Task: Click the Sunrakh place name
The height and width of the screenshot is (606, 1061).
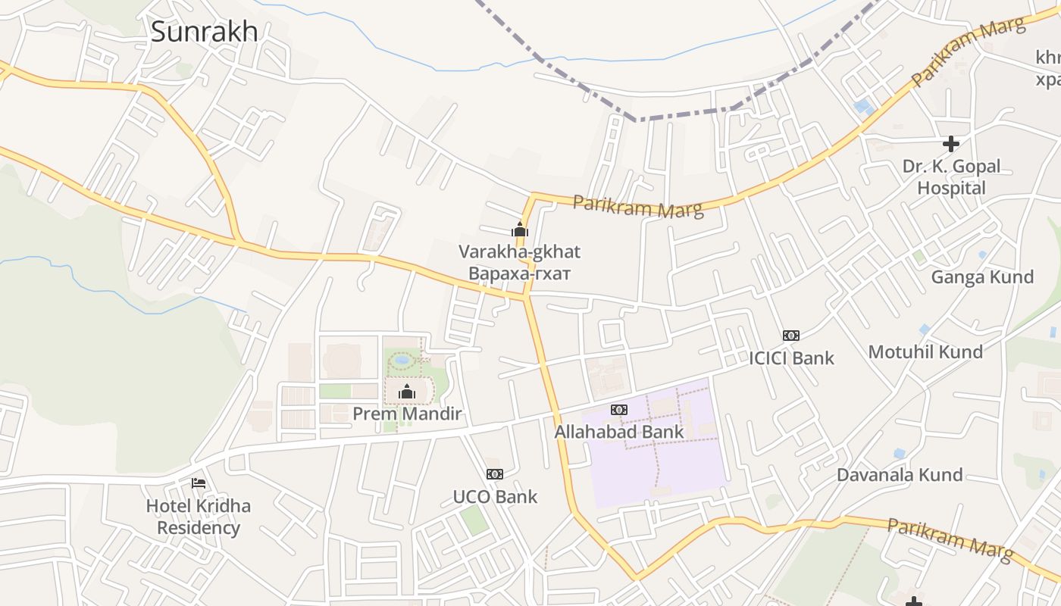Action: coord(204,32)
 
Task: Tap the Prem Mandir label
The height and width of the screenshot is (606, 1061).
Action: coord(407,414)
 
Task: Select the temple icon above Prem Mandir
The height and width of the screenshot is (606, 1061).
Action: coord(407,392)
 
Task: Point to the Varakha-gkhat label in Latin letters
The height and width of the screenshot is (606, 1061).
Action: coord(519,251)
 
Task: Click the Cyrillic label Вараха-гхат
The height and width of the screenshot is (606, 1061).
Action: coord(519,273)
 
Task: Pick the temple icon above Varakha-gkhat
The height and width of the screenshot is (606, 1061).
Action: coord(519,229)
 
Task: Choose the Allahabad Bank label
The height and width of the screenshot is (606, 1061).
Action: coord(619,432)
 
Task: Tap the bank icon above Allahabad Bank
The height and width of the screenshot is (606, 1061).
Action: coord(619,410)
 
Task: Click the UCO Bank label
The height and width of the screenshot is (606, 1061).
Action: coord(495,497)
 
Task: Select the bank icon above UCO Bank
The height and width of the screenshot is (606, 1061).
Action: coord(495,474)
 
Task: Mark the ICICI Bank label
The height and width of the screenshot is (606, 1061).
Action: coord(791,358)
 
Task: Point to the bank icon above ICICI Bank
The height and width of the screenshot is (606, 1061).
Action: coord(791,336)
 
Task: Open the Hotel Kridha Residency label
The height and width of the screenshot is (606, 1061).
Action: coord(199,517)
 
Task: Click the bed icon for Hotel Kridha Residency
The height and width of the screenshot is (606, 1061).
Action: coord(199,483)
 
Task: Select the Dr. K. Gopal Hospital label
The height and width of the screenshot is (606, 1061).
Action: coord(951,176)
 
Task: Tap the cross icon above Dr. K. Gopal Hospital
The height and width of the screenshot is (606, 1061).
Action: coord(951,143)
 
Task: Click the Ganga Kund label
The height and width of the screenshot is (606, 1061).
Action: coord(982,277)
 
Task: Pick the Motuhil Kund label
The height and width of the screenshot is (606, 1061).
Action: coord(925,352)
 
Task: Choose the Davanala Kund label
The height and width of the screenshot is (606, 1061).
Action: coord(900,475)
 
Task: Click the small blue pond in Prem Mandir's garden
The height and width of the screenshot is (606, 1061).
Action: coord(402,361)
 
